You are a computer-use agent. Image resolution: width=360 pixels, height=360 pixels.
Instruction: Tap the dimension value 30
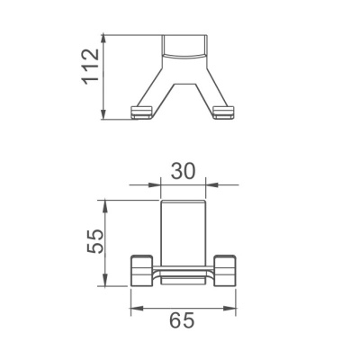(183, 169)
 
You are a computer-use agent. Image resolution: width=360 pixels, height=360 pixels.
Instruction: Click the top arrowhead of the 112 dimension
(105, 38)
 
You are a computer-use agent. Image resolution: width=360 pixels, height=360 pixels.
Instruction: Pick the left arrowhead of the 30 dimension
(164, 185)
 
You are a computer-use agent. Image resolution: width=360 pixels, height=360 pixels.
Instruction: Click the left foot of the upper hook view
(141, 112)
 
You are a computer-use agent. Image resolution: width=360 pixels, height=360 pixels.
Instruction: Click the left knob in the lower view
(142, 269)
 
